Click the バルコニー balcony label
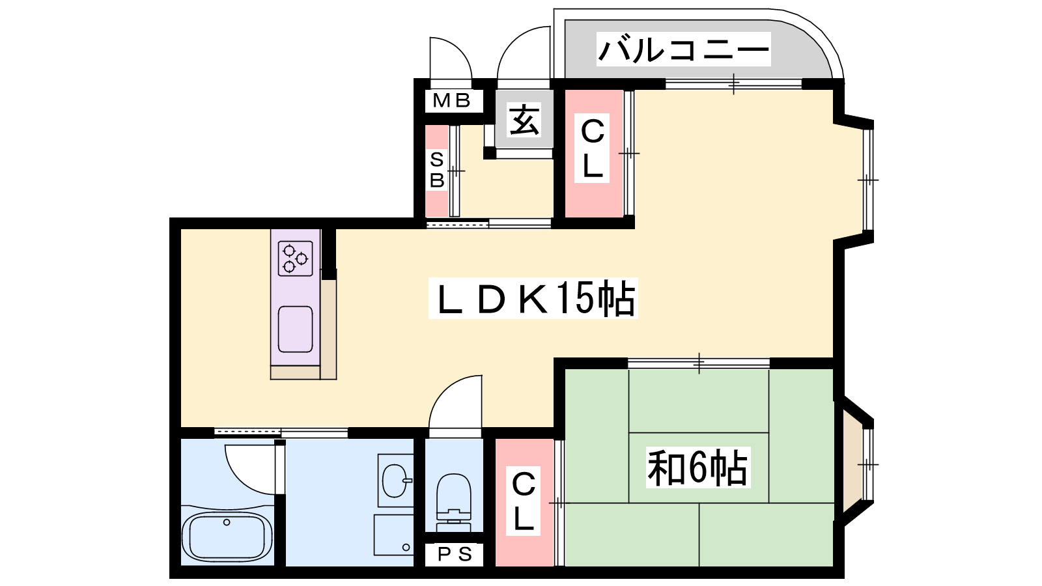tap(683, 49)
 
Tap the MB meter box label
tap(451, 100)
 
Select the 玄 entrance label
tap(524, 120)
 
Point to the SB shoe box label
tap(437, 169)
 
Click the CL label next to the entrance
tap(592, 148)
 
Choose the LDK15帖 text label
tap(533, 298)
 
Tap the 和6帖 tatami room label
tap(697, 467)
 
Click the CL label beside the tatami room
tap(524, 501)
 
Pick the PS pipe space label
tap(455, 554)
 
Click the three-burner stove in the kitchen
tap(295, 258)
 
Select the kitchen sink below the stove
tap(295, 329)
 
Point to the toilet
tap(453, 502)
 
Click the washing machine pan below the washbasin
tap(393, 535)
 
